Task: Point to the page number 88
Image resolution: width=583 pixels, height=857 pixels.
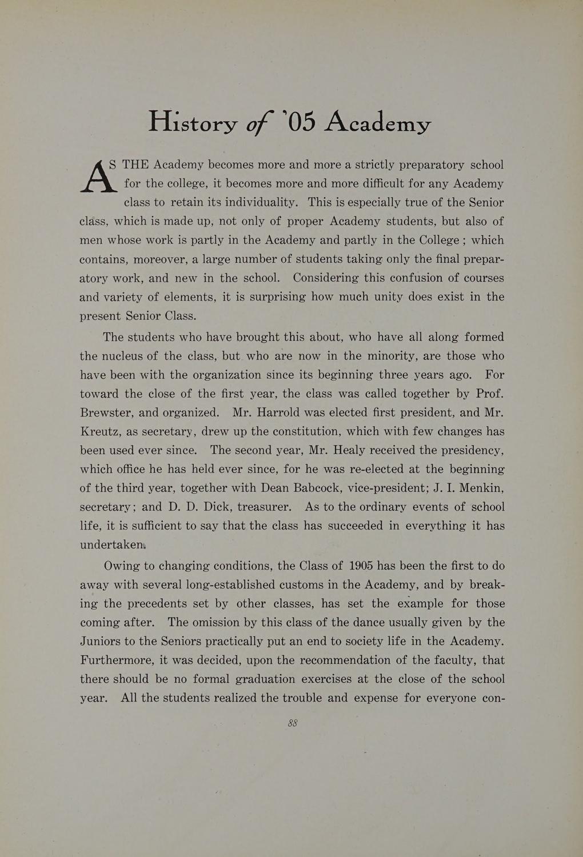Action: tap(292, 723)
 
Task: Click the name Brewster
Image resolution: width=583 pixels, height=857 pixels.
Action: tap(106, 413)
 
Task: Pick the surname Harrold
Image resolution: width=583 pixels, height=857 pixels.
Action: tap(288, 413)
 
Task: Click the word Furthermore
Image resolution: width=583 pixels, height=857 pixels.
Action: tap(118, 660)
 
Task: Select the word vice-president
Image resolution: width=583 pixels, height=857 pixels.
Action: tap(388, 488)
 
